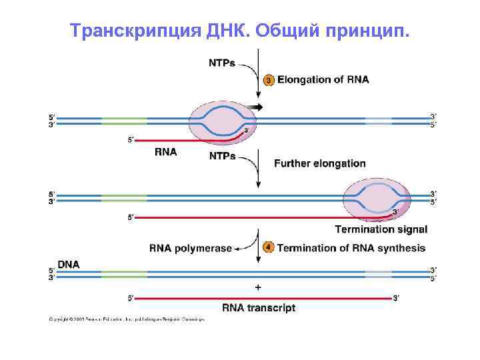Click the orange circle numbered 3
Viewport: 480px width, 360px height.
pos(269,80)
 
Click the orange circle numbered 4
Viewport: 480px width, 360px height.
pos(268,248)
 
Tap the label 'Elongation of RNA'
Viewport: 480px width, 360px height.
pos(323,80)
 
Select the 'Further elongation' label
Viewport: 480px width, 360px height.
pos(320,163)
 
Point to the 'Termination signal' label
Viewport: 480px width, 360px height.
pos(381,230)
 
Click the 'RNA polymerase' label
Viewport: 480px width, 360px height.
pos(191,249)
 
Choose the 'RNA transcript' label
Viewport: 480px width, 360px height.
pos(259,308)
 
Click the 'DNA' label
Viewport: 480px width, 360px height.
pos(69,264)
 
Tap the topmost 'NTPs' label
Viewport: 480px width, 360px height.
pos(223,63)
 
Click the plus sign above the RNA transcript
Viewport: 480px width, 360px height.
pos(258,287)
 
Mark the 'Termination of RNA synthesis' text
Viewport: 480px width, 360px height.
pos(351,248)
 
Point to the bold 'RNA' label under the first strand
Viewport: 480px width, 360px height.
pos(165,152)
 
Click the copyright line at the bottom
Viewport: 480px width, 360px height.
pos(126,319)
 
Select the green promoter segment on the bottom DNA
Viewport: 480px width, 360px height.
pos(124,275)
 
